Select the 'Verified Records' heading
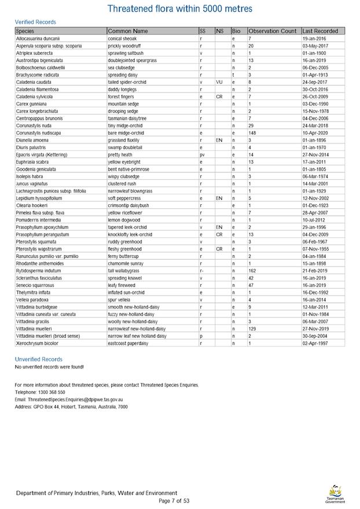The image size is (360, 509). [35, 22]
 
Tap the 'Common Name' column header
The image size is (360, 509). [128, 31]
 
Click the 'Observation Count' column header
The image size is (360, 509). [272, 31]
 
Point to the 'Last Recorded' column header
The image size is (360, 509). [320, 31]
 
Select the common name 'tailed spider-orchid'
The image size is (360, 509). [129, 82]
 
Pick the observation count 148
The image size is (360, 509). [252, 133]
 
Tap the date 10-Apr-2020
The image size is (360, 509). [315, 133]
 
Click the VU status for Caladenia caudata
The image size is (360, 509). [220, 82]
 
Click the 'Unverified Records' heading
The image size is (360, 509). [38, 359]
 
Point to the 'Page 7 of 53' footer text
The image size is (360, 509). [174, 501]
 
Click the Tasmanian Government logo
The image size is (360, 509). [335, 495]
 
